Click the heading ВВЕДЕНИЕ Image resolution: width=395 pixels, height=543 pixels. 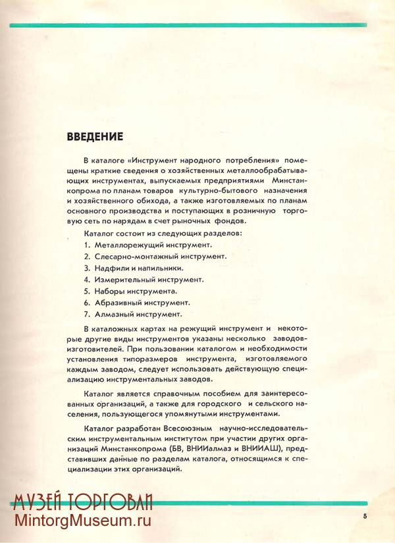click(x=95, y=137)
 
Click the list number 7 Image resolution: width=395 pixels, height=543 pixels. click(x=86, y=314)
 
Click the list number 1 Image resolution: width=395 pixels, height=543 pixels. click(x=86, y=244)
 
